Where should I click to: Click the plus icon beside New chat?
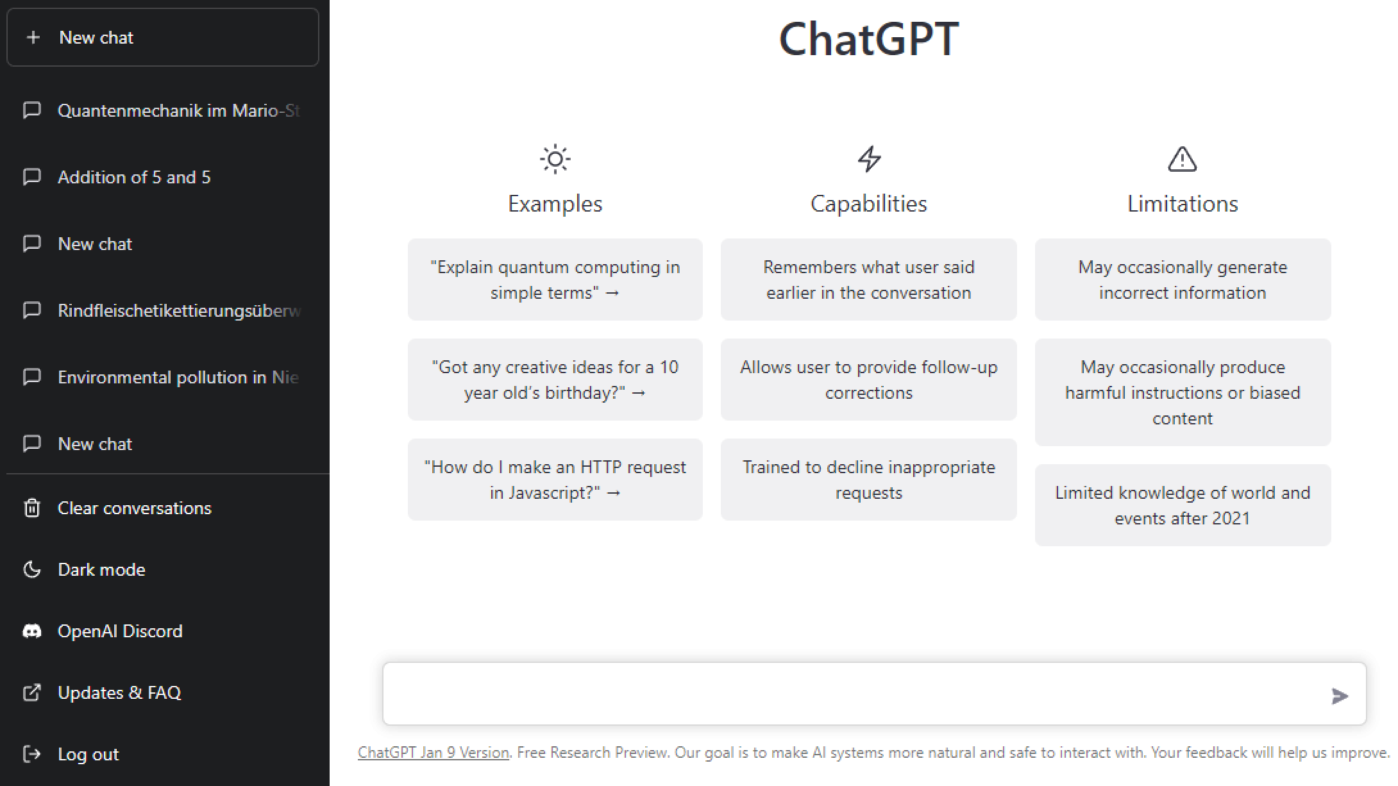(x=33, y=38)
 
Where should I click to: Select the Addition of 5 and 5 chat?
(x=134, y=178)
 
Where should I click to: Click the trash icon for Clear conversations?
(x=31, y=508)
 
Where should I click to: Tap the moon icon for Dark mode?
(x=31, y=569)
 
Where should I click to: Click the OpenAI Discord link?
(x=120, y=631)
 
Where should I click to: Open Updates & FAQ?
(x=119, y=693)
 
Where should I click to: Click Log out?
(x=88, y=755)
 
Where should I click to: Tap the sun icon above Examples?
(x=555, y=159)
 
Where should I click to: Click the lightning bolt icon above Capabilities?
(x=870, y=159)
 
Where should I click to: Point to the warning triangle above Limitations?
(x=1183, y=160)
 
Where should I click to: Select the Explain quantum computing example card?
(x=555, y=280)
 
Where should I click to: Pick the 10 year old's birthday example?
(x=555, y=380)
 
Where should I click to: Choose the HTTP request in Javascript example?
(x=555, y=480)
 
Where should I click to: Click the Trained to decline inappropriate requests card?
(x=869, y=480)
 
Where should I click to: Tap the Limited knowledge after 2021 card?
(x=1183, y=505)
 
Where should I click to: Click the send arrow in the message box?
(x=1340, y=696)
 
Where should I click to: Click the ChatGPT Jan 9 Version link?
(x=434, y=753)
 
